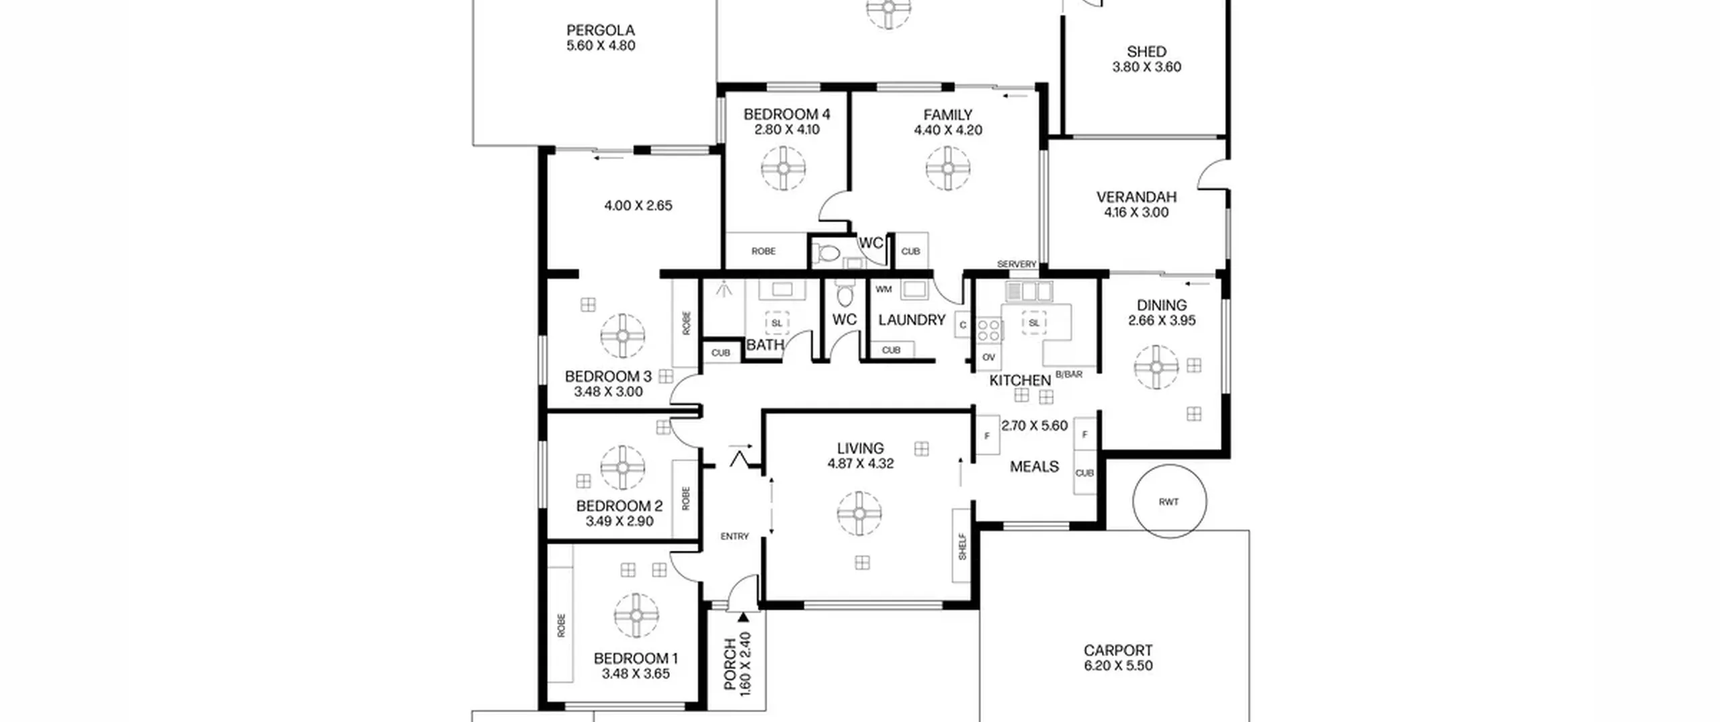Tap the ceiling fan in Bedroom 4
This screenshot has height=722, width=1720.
pos(783,168)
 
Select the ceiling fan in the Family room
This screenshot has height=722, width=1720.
pos(948,168)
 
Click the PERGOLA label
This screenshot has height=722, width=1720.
pos(601,30)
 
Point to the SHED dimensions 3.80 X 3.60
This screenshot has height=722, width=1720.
pos(1147,67)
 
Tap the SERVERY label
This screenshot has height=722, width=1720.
pos(1017,264)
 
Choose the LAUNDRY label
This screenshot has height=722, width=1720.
pos(912,320)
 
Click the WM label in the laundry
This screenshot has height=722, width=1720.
pos(884,289)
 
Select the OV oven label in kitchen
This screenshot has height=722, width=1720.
pos(988,357)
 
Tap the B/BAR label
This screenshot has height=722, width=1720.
pos(1069,375)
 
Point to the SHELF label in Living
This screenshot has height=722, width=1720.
pos(962,547)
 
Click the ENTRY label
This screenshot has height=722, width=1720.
pos(734,537)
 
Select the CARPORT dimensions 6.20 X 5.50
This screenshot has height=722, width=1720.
pos(1118,666)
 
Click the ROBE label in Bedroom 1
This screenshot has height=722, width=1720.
pos(561,625)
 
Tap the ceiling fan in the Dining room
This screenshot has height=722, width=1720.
pos(1156,367)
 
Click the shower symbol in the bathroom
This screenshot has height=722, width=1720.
pos(724,289)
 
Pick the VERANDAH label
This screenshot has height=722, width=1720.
pos(1136,197)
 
